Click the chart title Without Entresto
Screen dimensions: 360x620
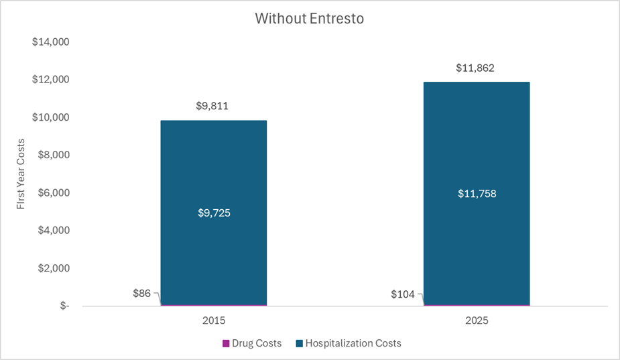(x=309, y=19)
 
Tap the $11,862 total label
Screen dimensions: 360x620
(x=476, y=68)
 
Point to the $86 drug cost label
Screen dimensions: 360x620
(x=142, y=294)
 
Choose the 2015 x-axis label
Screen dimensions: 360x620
(x=213, y=320)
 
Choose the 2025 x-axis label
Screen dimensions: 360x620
(x=476, y=320)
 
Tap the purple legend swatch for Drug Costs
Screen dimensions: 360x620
(x=226, y=344)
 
